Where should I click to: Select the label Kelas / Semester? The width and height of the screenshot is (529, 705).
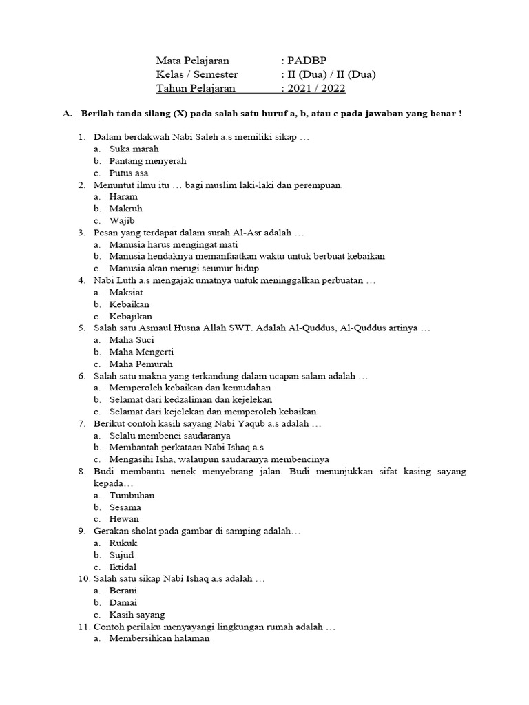point(197,74)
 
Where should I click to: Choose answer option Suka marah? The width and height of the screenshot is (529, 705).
point(134,149)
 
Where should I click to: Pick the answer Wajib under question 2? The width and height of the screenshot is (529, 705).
point(122,220)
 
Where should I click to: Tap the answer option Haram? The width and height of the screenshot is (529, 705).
point(124,196)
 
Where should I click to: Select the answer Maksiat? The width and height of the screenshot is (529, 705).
point(127,292)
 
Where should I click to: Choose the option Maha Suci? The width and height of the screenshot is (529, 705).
point(132,340)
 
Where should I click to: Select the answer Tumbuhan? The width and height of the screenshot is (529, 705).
point(132,495)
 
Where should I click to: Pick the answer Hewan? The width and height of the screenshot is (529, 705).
point(124,518)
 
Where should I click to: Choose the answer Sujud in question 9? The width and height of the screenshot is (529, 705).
point(122,555)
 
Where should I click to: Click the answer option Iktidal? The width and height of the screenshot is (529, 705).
point(123,567)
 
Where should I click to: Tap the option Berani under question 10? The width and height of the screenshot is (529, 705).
point(123,591)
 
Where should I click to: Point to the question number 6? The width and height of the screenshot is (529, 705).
point(81,376)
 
